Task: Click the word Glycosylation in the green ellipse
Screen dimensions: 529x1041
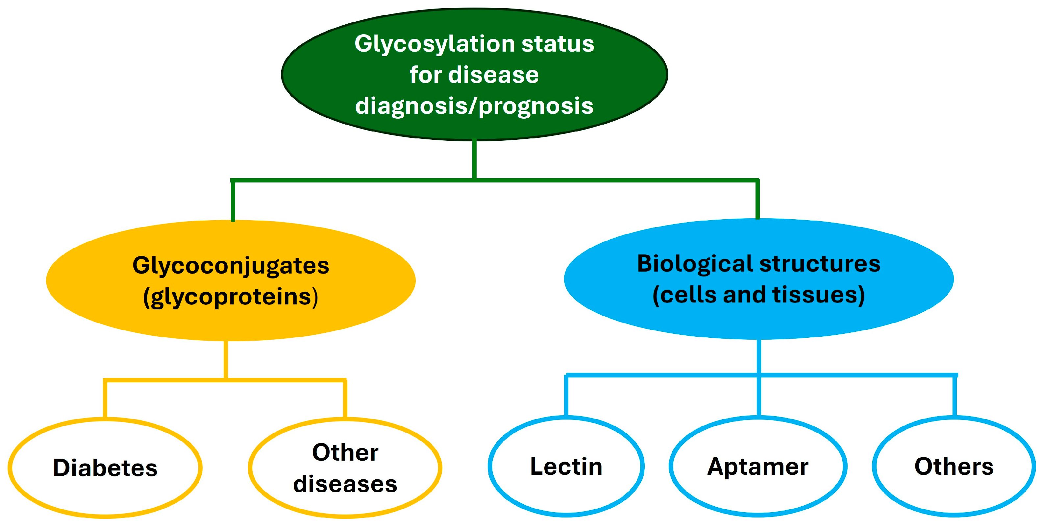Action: coord(434,44)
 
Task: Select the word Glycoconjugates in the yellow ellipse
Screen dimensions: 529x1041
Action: coord(231,266)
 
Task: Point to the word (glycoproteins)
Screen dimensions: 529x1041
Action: coord(231,297)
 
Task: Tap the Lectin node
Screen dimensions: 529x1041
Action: coord(566,467)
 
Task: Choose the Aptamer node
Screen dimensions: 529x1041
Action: coord(758,467)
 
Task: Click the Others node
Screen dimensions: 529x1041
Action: coord(954,467)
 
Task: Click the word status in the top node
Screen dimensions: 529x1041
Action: coord(558,44)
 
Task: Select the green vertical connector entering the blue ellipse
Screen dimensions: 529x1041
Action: coord(757,200)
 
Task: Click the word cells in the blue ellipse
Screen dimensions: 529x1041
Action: coord(689,295)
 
